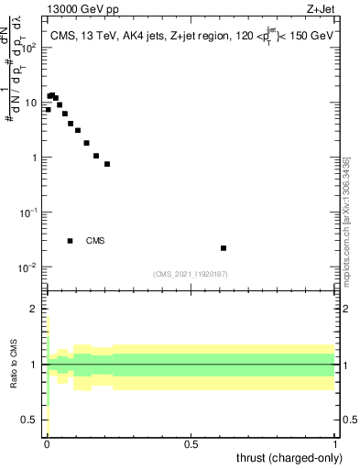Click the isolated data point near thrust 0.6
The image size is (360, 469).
pos(224,248)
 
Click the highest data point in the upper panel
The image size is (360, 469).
pos(51,94)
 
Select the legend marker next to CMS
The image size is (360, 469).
pos(70,241)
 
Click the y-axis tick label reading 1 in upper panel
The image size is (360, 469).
pos(36,158)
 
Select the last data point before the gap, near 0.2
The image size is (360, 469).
pos(107,164)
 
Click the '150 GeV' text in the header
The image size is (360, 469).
pos(308,37)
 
